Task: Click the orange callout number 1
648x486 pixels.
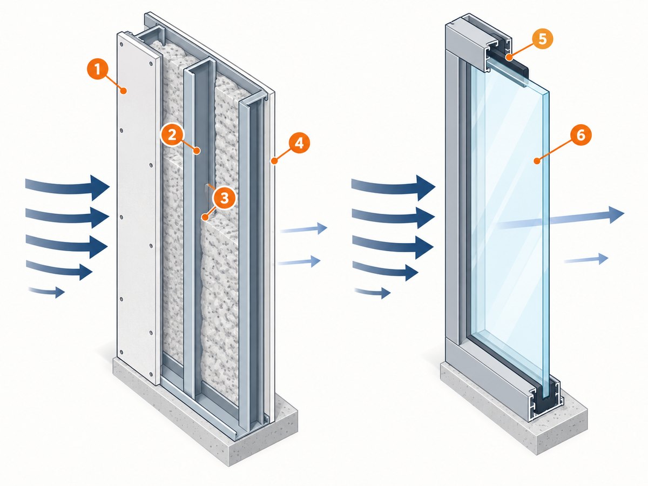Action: point(97,70)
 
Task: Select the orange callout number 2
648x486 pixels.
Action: point(172,136)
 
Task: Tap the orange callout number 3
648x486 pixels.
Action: point(224,198)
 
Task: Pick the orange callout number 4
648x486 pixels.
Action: point(299,144)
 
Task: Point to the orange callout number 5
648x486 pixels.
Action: point(543,39)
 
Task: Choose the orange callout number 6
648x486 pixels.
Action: point(580,136)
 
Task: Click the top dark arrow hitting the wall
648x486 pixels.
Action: point(67,187)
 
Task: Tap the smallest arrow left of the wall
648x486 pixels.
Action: point(46,291)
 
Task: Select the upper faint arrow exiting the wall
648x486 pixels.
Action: point(304,229)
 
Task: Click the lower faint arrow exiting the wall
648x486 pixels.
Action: point(299,261)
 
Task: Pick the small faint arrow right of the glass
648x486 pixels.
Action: point(586,259)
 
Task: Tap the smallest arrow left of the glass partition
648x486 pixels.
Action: point(373,293)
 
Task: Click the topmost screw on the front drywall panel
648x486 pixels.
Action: point(122,44)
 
